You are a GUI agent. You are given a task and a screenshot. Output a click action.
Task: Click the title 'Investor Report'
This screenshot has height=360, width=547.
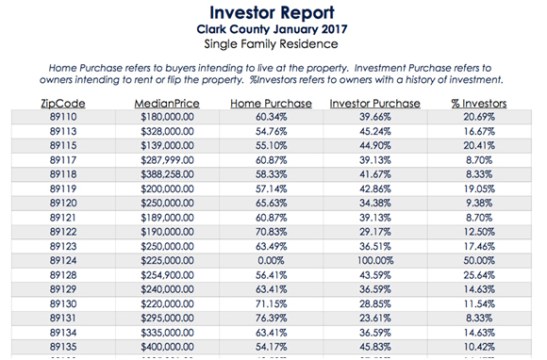(x=272, y=13)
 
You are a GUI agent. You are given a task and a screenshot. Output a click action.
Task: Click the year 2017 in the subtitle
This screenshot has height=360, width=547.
(x=334, y=29)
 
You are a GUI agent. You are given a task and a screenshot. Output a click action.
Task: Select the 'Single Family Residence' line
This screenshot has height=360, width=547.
(x=271, y=44)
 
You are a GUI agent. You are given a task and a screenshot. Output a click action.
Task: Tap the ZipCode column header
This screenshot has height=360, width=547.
(x=63, y=104)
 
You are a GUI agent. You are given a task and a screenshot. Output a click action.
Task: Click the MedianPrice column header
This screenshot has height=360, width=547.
(x=167, y=104)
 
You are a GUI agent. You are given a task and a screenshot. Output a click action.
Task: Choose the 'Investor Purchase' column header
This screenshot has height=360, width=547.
(x=375, y=104)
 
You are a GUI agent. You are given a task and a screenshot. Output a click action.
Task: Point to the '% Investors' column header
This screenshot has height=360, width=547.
(x=479, y=104)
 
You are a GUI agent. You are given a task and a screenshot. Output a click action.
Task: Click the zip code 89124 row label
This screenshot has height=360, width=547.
(x=63, y=261)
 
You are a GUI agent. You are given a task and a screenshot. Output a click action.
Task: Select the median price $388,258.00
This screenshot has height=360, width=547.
(x=167, y=174)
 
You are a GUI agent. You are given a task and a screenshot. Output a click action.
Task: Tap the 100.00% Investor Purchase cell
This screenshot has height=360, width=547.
(x=375, y=261)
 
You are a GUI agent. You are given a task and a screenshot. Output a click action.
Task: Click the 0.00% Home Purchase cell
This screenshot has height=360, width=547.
(x=271, y=261)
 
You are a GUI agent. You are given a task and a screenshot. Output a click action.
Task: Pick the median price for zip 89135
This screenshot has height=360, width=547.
(x=167, y=347)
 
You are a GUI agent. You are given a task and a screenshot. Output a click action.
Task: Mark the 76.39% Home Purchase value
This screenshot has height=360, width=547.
(x=271, y=319)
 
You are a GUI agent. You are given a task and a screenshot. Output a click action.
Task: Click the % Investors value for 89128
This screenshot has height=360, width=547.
(x=479, y=275)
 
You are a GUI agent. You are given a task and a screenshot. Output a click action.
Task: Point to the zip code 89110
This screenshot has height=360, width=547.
(x=63, y=117)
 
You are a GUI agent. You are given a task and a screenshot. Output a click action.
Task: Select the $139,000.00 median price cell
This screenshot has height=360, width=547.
(x=167, y=146)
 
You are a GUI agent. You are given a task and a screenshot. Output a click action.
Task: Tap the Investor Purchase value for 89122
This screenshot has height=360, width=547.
(x=375, y=232)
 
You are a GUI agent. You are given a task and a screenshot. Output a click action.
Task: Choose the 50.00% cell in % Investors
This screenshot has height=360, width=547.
(x=479, y=261)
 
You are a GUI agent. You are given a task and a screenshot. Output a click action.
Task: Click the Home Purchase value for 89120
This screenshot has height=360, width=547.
(x=271, y=204)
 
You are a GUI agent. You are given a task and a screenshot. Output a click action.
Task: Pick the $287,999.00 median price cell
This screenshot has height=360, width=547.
(x=167, y=160)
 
